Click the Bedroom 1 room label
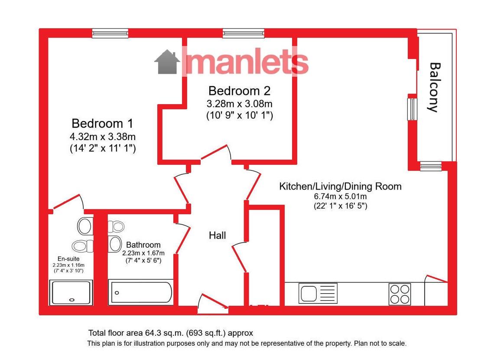pyautogui.click(x=102, y=123)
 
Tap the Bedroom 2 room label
pyautogui.click(x=240, y=91)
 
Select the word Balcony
pyautogui.click(x=435, y=87)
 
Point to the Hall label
pyautogui.click(x=218, y=235)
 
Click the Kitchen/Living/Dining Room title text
pyautogui.click(x=340, y=187)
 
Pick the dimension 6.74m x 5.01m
pyautogui.click(x=340, y=196)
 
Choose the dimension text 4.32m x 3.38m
pyautogui.click(x=103, y=137)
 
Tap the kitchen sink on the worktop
pyautogui.click(x=318, y=293)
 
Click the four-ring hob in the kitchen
pyautogui.click(x=400, y=294)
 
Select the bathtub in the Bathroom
pyautogui.click(x=140, y=292)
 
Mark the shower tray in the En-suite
pyautogui.click(x=71, y=292)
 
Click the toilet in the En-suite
pyautogui.click(x=82, y=246)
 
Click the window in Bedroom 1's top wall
pyautogui.click(x=110, y=33)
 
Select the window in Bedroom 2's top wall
pyautogui.click(x=244, y=33)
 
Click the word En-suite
pyautogui.click(x=68, y=259)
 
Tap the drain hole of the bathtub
pyautogui.click(x=117, y=293)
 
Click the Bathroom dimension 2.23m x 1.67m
pyautogui.click(x=143, y=253)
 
